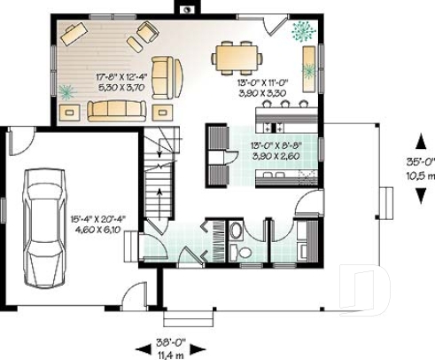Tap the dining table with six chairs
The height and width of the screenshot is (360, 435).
pos(237,58)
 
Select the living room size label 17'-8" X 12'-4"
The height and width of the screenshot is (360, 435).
pos(122,77)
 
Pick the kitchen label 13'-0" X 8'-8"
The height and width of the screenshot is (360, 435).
pos(276,145)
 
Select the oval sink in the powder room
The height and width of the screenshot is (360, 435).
pos(238,253)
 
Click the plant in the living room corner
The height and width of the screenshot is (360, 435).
pos(69,90)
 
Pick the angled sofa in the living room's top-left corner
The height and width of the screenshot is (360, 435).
pos(72,35)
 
